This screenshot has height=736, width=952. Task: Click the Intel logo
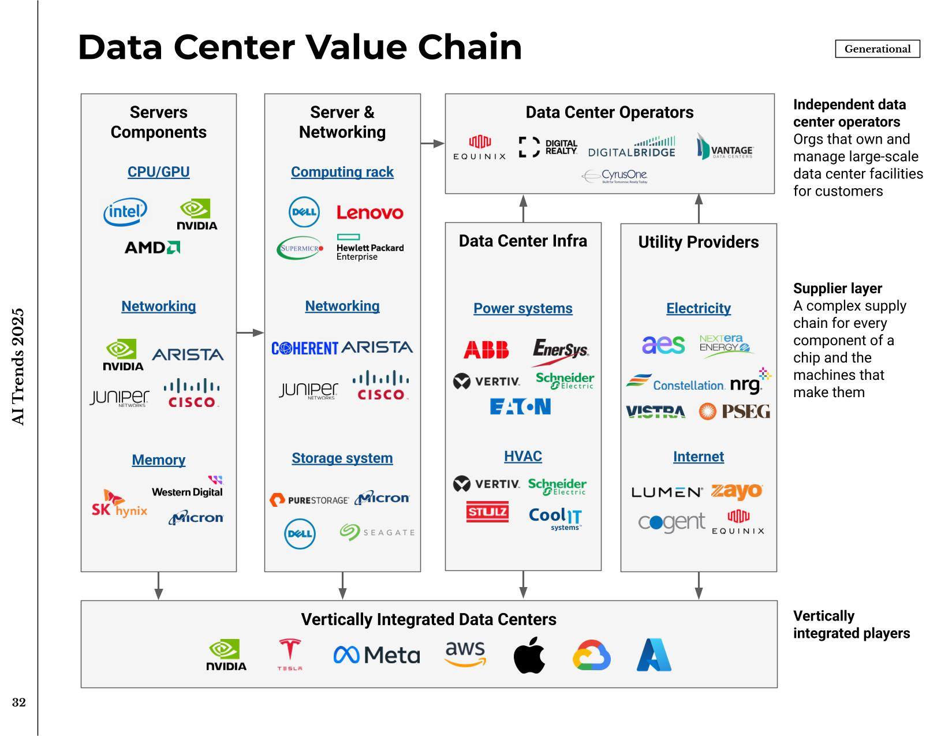coord(125,212)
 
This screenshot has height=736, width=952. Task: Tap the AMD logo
coord(152,248)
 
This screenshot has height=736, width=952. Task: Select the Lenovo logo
coord(370,213)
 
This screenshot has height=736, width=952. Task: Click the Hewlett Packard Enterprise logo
coord(369,247)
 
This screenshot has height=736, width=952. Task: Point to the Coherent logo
coord(304,348)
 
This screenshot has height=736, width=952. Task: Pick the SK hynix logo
coord(119,503)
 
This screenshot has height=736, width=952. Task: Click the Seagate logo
coord(377,532)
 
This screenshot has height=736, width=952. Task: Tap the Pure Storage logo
coord(309,500)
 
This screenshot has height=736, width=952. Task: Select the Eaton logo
coord(520,407)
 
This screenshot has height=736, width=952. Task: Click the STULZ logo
coord(487,512)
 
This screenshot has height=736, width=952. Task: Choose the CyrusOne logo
coord(614,175)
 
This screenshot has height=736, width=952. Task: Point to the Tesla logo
coord(289,655)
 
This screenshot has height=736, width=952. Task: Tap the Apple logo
coord(529,655)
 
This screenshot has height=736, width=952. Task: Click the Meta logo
coord(376,655)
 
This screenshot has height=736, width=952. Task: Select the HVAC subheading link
coord(523,456)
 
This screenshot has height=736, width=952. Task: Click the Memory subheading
coord(159,460)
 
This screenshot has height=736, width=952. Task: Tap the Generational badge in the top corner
coord(877,49)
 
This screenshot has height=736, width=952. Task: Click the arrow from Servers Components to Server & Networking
coord(250,332)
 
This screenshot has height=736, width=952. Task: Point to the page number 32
coord(19,703)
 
